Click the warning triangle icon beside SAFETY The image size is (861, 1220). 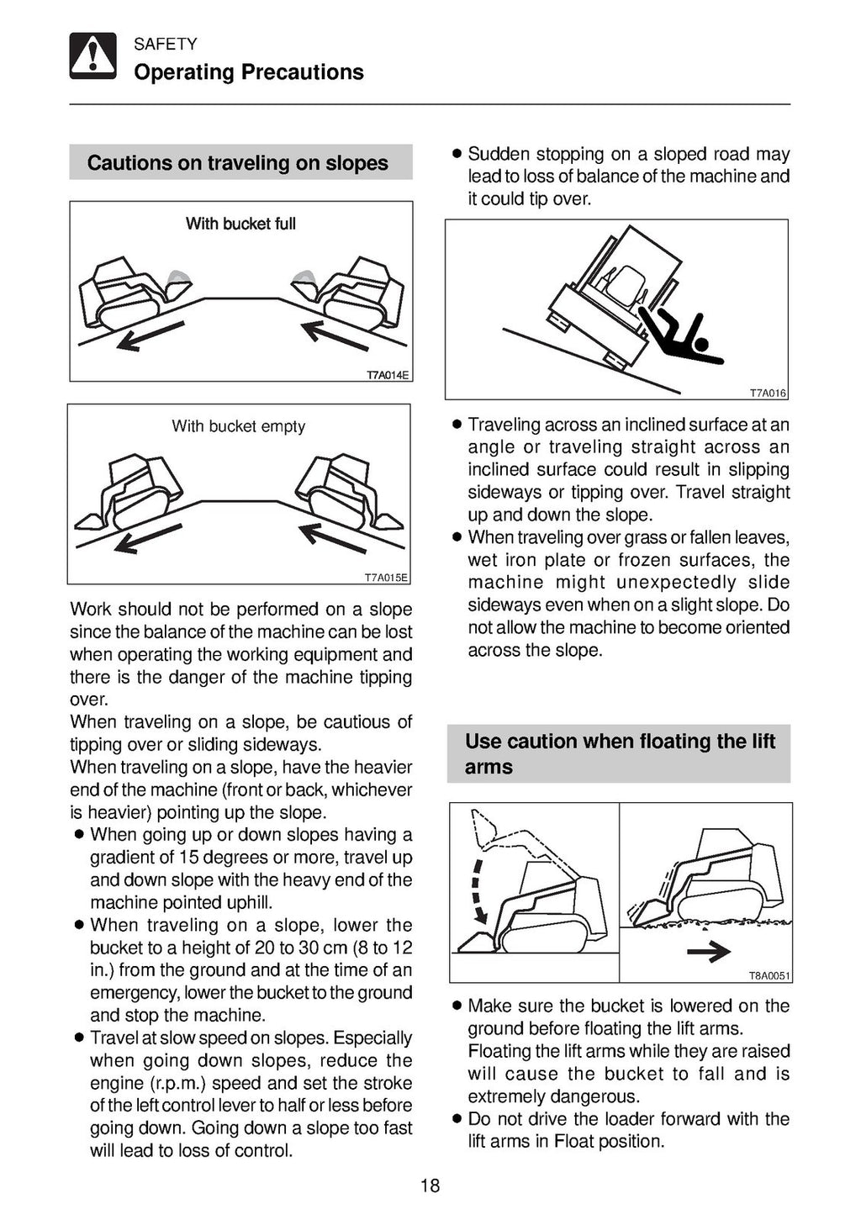[x=92, y=56]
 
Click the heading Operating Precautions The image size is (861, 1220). [x=248, y=72]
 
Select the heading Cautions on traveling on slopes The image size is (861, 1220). [x=238, y=162]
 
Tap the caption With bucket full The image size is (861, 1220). [x=240, y=224]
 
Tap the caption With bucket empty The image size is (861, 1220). [x=238, y=426]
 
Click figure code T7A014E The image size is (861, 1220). [x=388, y=375]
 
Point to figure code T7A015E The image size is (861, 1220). [x=386, y=578]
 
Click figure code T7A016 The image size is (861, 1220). [x=767, y=393]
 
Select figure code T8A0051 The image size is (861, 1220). [x=769, y=976]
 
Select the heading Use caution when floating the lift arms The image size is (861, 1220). [x=619, y=753]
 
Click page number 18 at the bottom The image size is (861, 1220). [x=430, y=1186]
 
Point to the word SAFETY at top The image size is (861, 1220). [x=165, y=45]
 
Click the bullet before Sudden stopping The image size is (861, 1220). [x=456, y=155]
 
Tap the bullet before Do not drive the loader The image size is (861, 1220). [x=456, y=1119]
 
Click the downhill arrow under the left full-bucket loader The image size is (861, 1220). [x=150, y=337]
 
